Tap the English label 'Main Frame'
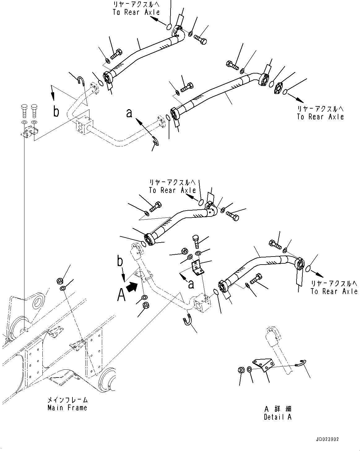tap(67, 408)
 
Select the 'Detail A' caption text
tap(277, 417)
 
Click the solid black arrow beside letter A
tap(132, 287)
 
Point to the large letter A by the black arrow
tap(121, 295)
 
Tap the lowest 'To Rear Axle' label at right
tap(334, 291)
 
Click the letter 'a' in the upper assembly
tap(129, 113)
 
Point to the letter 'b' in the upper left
tap(56, 112)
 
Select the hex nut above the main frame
tap(60, 281)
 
